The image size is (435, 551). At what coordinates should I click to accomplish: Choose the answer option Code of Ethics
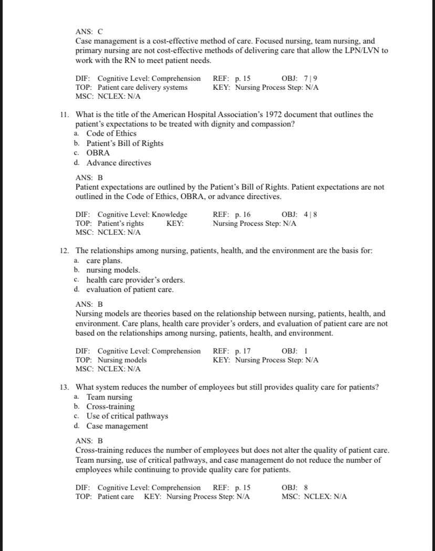111,133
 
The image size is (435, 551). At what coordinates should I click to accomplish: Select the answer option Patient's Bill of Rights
125,143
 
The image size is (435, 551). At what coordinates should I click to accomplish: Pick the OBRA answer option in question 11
98,153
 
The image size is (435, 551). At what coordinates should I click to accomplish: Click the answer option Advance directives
119,163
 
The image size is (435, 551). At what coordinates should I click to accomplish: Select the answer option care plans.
104,261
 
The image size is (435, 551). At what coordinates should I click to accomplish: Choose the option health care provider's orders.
136,280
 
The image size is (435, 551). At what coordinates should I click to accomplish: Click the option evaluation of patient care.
130,289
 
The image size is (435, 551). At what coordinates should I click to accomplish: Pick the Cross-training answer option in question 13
110,407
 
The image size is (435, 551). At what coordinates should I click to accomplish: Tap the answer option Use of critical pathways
127,416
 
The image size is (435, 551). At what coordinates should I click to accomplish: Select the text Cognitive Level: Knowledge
142,214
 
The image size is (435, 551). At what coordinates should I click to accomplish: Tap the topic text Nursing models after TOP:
122,360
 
